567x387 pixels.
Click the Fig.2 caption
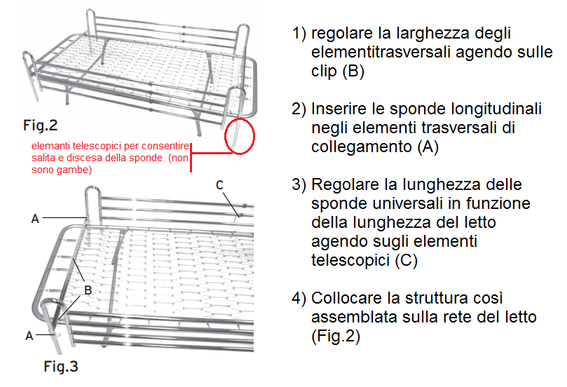[40, 125]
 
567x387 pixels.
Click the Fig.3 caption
[61, 367]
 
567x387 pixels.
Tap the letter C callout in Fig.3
[219, 185]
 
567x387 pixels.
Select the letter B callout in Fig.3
[88, 290]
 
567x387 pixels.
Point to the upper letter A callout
[35, 219]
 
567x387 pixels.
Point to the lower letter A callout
[29, 336]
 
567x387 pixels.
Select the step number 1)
[299, 33]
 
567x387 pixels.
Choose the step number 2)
[299, 109]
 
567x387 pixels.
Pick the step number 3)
[299, 184]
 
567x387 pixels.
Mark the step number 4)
[299, 298]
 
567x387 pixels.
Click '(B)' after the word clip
[353, 71]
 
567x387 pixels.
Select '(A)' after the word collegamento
[428, 147]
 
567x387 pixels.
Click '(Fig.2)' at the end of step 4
[336, 337]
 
